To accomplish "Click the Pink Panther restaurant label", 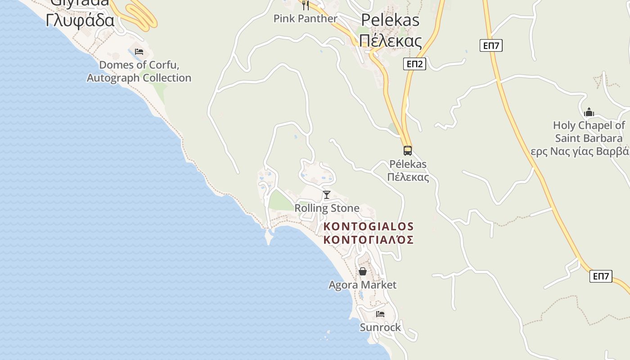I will (x=305, y=18).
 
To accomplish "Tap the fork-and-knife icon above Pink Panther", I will (x=306, y=5).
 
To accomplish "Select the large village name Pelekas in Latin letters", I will (x=390, y=20).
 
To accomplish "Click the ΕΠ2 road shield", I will (x=414, y=64).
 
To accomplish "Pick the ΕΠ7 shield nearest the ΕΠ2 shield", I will (x=491, y=45).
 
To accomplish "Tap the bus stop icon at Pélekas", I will (x=408, y=150).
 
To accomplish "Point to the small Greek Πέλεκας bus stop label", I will (x=408, y=177).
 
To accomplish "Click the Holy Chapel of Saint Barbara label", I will (x=589, y=131).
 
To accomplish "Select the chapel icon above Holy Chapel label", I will (x=589, y=112).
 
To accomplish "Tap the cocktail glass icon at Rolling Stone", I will (x=327, y=195).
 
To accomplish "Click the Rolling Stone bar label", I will (x=327, y=208).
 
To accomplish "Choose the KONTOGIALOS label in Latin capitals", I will (x=369, y=226).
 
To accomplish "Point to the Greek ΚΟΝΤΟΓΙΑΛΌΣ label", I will (x=369, y=239).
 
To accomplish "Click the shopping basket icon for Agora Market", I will (x=363, y=271).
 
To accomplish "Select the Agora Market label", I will (x=363, y=285).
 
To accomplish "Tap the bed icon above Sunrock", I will (x=380, y=314).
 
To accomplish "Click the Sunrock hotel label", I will (x=380, y=327).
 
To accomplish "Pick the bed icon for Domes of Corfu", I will (x=139, y=51).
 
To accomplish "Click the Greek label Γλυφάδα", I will (x=80, y=20).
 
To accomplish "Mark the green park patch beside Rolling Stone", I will (x=282, y=202).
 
